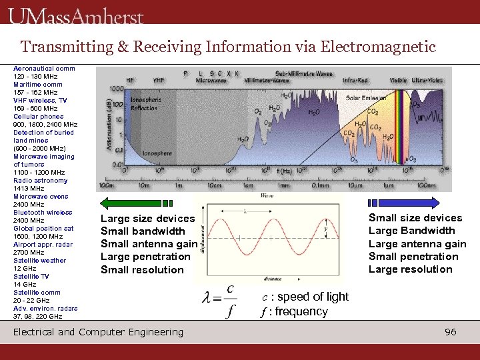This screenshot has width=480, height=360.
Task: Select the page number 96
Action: click(451, 332)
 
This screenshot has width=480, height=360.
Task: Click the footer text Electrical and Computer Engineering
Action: click(98, 332)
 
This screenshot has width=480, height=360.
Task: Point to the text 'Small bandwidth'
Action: click(143, 231)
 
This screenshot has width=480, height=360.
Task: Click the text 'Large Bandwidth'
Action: click(411, 231)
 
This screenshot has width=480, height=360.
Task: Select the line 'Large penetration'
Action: click(145, 257)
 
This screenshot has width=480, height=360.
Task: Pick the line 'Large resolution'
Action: click(410, 269)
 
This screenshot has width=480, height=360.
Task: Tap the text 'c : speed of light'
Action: click(304, 297)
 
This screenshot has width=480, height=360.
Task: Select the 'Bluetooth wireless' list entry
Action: click(43, 212)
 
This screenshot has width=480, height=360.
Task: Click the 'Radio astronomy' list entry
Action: click(40, 180)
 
